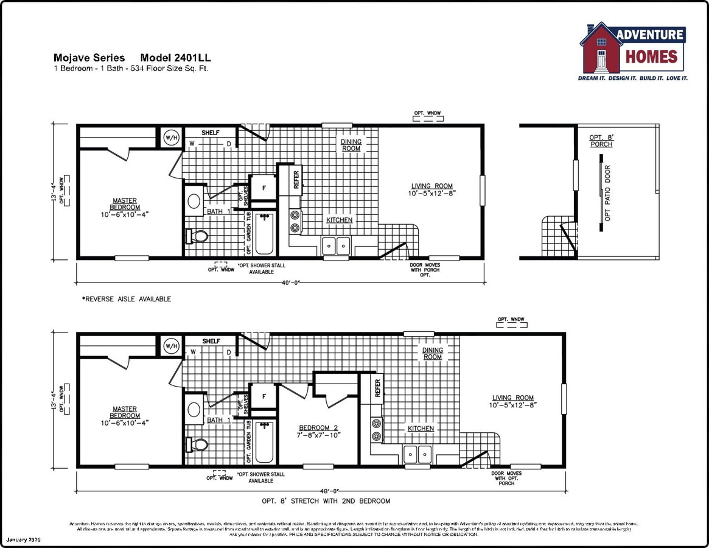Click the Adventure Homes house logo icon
601,48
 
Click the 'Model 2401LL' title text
176,58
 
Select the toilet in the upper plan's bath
197,236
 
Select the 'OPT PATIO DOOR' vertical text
607,192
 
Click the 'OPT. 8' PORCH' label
601,141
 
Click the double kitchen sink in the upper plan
336,246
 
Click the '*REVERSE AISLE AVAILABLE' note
127,299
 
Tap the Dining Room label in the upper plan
351,145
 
